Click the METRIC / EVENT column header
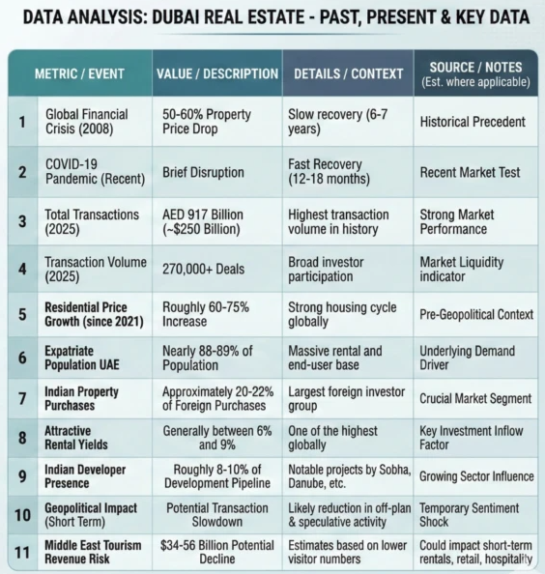[83, 73]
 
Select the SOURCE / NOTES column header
[475, 73]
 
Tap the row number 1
[22, 122]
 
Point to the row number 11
[22, 552]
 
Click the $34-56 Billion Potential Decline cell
[217, 552]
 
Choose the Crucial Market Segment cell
[475, 397]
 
